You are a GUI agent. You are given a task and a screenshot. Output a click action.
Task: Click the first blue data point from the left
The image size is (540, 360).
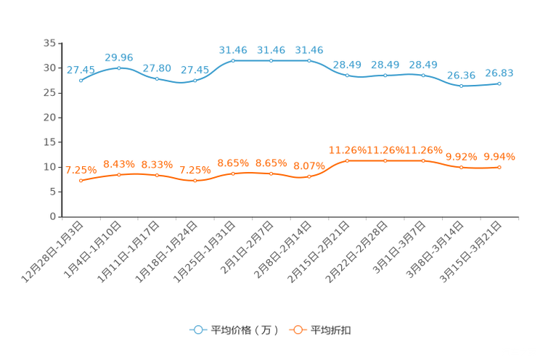[x=81, y=81]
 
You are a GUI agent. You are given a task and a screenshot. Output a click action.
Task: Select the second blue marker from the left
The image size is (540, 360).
[x=119, y=67]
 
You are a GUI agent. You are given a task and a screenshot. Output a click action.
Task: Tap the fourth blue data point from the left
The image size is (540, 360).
[x=195, y=81]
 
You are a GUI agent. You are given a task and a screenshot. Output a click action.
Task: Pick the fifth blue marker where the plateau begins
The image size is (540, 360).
[x=233, y=60]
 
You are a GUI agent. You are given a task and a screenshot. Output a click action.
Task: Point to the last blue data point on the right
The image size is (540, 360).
[x=499, y=83]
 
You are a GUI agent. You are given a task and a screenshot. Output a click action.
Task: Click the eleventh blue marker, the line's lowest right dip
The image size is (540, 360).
[x=461, y=86]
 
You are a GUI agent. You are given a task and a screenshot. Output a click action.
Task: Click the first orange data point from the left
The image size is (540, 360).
[x=81, y=181]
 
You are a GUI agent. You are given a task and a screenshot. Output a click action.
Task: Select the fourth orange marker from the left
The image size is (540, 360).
[x=195, y=181]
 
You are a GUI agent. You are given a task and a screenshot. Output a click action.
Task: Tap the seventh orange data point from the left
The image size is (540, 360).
[x=309, y=176]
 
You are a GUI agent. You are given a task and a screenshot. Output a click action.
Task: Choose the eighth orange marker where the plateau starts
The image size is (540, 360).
[x=347, y=160]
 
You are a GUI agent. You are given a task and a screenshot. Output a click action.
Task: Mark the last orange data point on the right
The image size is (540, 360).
[x=499, y=168]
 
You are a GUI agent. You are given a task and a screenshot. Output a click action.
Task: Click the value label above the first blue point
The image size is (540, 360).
[x=81, y=70]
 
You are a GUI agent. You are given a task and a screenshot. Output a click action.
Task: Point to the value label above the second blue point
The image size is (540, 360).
[x=119, y=57]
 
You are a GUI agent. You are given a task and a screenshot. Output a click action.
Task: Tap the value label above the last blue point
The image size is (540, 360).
[x=499, y=73]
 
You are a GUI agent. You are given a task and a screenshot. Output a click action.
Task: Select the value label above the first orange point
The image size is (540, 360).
[x=81, y=170]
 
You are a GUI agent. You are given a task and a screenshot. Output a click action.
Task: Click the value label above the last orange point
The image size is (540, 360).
[x=499, y=156]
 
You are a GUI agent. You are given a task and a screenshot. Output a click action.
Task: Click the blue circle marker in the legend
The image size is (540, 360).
[x=197, y=330]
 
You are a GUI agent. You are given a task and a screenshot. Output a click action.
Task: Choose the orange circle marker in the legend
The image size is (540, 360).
[x=297, y=330]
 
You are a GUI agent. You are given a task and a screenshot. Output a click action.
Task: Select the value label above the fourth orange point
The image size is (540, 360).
[x=195, y=170]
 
